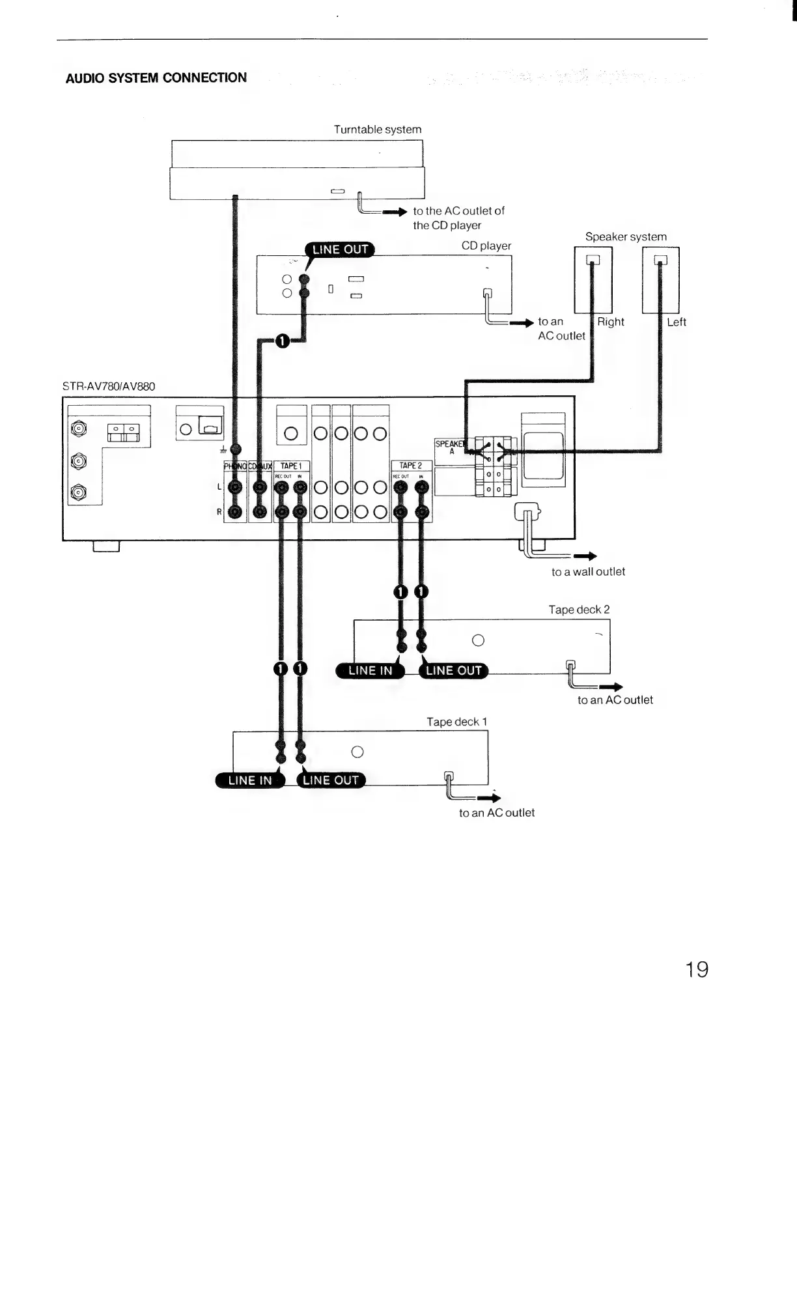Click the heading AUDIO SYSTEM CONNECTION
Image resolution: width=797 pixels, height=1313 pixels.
(x=156, y=78)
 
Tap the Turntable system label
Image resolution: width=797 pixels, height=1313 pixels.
(x=378, y=130)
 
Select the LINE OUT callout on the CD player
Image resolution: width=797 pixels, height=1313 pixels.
(x=340, y=249)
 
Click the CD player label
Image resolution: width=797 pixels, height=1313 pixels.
(x=486, y=246)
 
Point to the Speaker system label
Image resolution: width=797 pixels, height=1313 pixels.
(x=626, y=236)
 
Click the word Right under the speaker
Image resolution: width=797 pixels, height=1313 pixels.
(x=611, y=322)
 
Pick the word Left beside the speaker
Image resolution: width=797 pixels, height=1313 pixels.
(x=677, y=322)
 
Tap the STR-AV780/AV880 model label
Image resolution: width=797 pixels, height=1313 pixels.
(x=109, y=386)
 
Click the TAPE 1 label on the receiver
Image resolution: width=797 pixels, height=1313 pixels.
(x=290, y=466)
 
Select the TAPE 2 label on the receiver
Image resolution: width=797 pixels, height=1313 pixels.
(x=410, y=466)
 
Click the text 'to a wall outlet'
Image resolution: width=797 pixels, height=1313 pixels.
(x=588, y=572)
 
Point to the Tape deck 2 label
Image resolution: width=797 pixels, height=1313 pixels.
(x=579, y=610)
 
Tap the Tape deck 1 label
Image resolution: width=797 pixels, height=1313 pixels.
(x=456, y=722)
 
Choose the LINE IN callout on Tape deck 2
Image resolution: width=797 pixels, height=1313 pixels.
(x=370, y=671)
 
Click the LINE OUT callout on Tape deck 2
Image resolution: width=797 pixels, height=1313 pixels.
(x=453, y=671)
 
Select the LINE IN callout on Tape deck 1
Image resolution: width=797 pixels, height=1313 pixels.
(x=250, y=780)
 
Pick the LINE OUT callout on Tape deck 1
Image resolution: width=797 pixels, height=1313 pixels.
(x=331, y=780)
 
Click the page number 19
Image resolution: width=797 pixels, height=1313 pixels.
(x=696, y=970)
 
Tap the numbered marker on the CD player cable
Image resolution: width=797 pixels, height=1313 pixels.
(x=282, y=341)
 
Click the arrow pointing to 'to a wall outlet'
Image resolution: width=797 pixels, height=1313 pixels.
(x=585, y=556)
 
